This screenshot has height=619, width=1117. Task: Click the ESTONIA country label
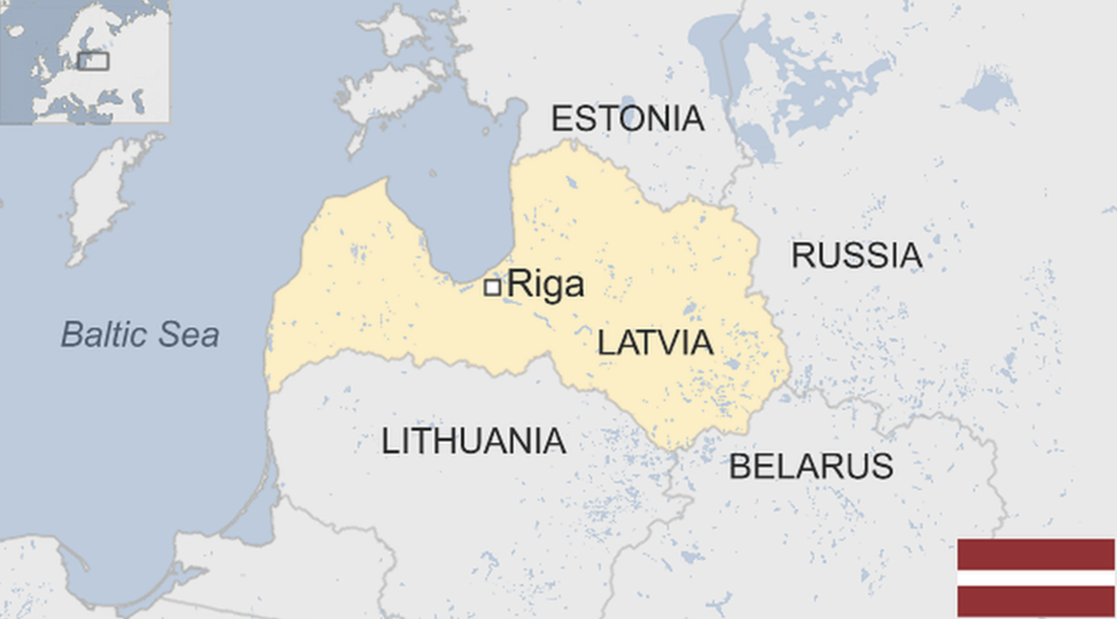[627, 118]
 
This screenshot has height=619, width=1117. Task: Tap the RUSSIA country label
[857, 256]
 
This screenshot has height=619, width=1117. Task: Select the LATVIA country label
[655, 343]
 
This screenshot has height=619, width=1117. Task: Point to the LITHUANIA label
[473, 441]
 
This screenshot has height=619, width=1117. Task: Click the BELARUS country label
[811, 466]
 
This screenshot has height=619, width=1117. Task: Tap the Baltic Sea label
[140, 334]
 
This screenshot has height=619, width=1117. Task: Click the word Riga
[545, 284]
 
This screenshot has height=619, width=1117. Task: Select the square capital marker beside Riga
[492, 287]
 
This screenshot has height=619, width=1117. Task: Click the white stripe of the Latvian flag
[1036, 578]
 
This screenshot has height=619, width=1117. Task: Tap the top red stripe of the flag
[1036, 554]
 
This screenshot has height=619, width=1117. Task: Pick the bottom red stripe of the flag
[1036, 602]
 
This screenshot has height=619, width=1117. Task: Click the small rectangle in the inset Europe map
[93, 61]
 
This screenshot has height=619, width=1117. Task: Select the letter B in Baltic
[71, 334]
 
